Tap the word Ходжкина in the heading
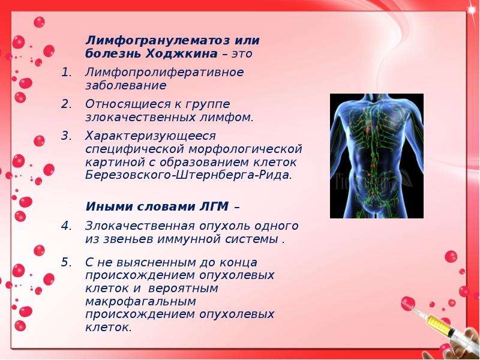point(182,53)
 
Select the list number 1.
point(66,73)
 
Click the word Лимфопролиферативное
point(164,73)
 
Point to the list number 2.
point(66,104)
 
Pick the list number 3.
point(66,136)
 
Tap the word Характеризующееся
point(151,136)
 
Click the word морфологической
point(245,149)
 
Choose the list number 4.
point(66,226)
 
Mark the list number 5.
point(66,262)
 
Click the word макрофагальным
point(140,302)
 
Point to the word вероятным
point(183,289)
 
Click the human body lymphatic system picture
point(377,156)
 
